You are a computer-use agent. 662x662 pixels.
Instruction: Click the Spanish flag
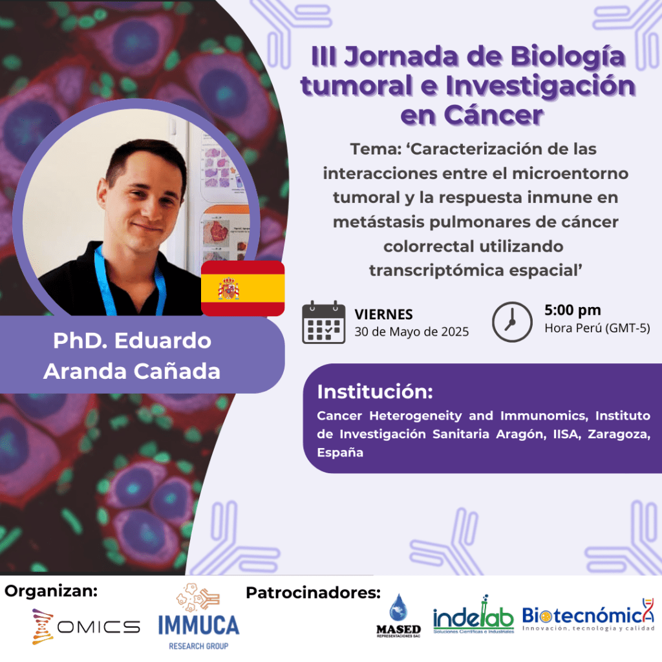coord(243,288)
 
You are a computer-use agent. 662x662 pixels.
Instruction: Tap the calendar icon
coord(324,322)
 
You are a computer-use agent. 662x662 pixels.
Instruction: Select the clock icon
coord(512,322)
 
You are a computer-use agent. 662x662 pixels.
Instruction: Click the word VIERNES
coord(383,315)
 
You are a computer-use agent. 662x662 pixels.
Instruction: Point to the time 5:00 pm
coord(573,310)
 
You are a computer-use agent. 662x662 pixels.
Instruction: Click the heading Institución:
coord(375,392)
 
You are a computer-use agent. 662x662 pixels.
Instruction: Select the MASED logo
coord(398,615)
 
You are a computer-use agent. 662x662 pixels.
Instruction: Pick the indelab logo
coord(473,615)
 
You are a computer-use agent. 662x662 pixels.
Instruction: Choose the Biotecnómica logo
coord(588,615)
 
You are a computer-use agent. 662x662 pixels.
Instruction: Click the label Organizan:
coord(51,591)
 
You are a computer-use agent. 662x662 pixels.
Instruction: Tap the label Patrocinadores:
coord(314,593)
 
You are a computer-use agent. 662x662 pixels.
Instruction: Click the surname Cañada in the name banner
coord(177,371)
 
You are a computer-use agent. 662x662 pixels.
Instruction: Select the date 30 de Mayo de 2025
coord(412,332)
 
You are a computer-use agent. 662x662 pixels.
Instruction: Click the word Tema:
coord(376,149)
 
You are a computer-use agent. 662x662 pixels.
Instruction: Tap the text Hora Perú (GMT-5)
coord(597,328)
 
